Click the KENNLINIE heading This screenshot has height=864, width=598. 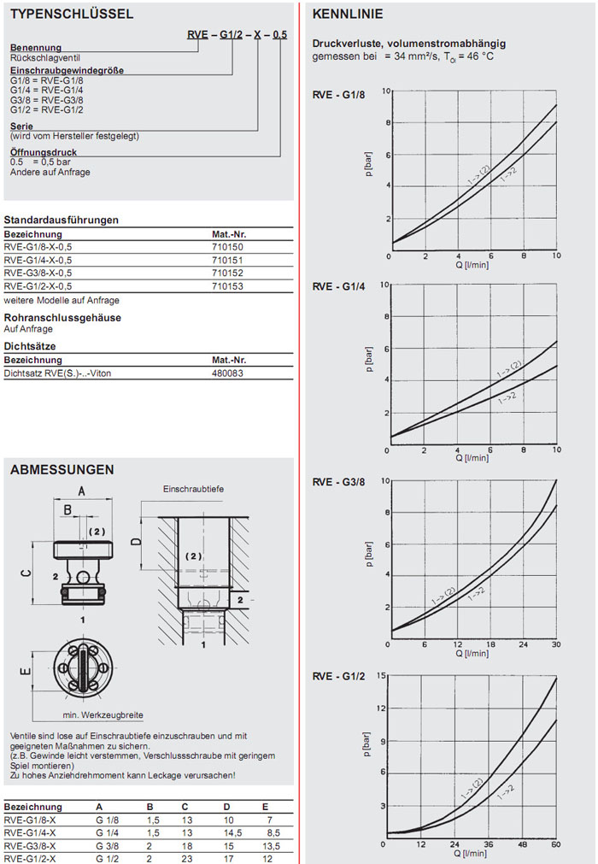[x=348, y=15]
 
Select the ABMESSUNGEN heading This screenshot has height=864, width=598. [x=62, y=469]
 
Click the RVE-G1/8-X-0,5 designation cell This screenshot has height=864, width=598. [x=38, y=247]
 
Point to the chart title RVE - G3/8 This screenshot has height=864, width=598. [x=338, y=482]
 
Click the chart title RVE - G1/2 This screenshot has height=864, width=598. [x=338, y=677]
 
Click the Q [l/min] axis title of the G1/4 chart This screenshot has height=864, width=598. [x=472, y=458]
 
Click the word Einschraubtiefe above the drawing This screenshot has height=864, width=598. [x=193, y=489]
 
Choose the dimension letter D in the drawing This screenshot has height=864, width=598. [x=134, y=542]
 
